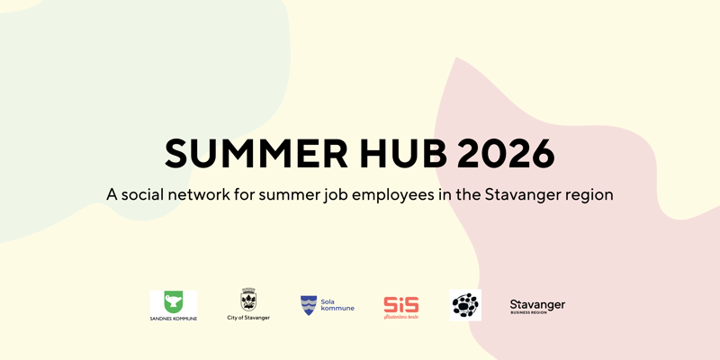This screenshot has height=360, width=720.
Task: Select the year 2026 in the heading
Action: click(506, 154)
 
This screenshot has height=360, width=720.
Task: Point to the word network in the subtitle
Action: click(203, 193)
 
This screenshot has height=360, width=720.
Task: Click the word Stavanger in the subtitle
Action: click(524, 194)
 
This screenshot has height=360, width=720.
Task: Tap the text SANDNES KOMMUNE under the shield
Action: click(173, 319)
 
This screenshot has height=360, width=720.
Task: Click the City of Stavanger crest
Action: click(247, 300)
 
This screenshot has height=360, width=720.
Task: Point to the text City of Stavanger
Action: click(247, 318)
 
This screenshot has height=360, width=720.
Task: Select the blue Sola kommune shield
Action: click(309, 305)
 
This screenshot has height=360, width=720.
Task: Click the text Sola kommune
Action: click(337, 305)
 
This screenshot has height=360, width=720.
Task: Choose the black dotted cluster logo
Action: click(465, 305)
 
